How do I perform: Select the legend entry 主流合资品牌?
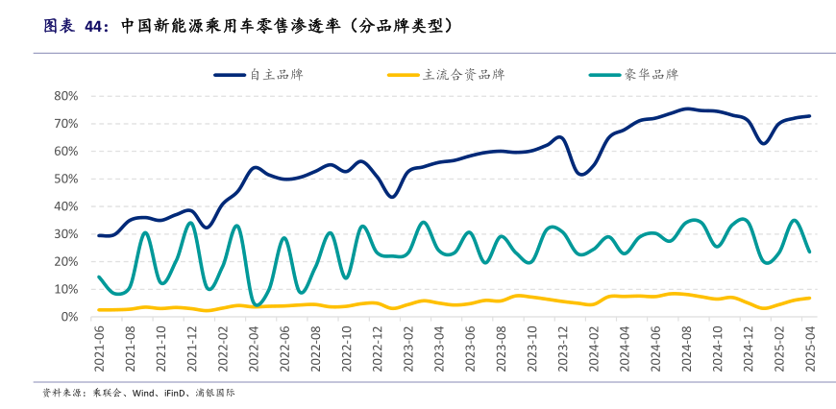pyautogui.click(x=463, y=74)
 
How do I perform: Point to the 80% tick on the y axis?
pyautogui.click(x=64, y=96)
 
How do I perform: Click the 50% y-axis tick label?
pyautogui.click(x=64, y=179)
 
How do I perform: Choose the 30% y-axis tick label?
pyautogui.click(x=64, y=234)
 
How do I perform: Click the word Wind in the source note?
pyautogui.click(x=145, y=393)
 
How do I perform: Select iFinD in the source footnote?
pyautogui.click(x=178, y=393)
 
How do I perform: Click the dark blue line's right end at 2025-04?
pyautogui.click(x=809, y=116)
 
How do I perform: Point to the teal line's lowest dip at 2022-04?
pyautogui.click(x=256, y=305)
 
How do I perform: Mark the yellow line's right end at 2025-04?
pyautogui.click(x=809, y=298)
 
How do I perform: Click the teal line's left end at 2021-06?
pyautogui.click(x=99, y=277)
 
